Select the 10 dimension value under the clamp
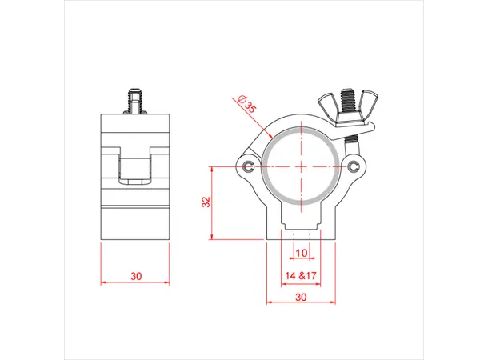click(301, 253)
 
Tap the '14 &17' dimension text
click(301, 276)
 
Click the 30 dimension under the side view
click(136, 276)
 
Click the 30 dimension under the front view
click(301, 297)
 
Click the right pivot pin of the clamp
click(353, 166)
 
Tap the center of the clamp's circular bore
click(301, 166)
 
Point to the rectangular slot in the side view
click(136, 169)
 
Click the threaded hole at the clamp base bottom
click(301, 236)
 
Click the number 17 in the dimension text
click(310, 276)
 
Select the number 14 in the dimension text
click(290, 276)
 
